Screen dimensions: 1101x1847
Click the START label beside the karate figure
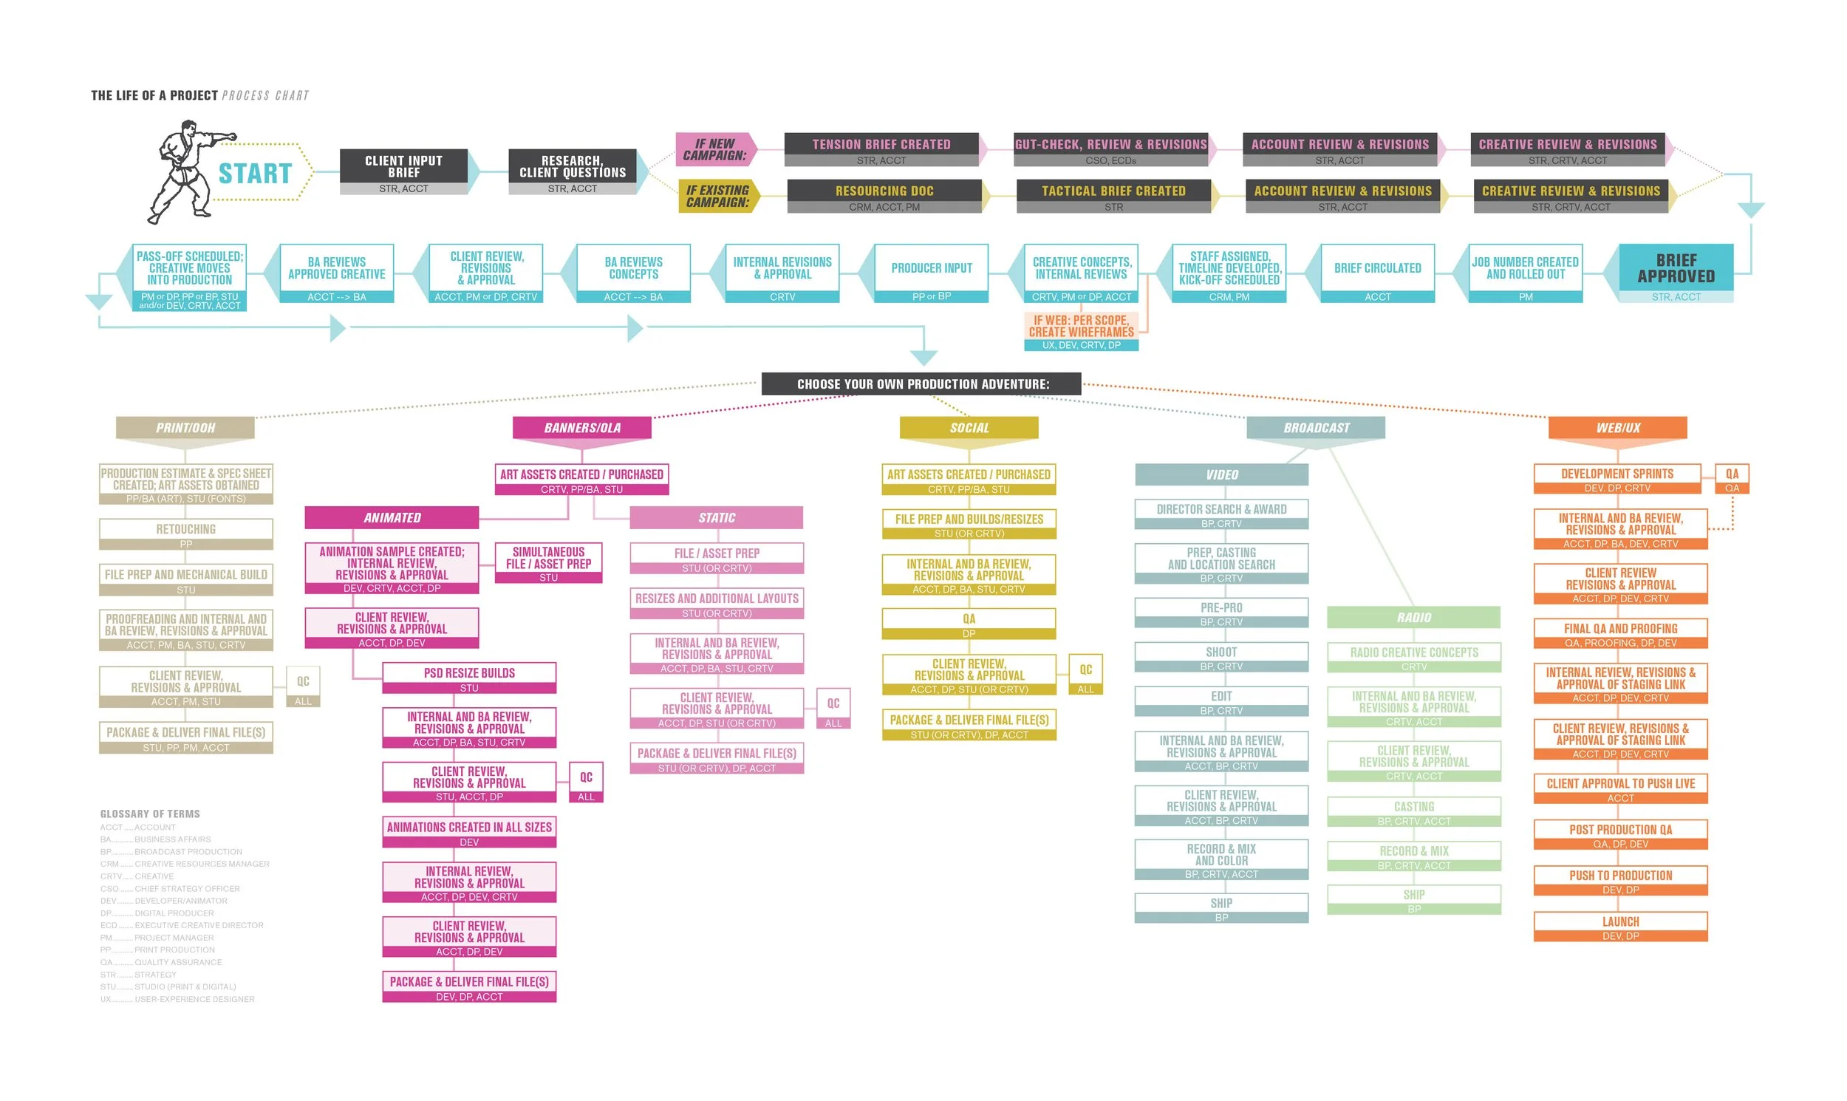coord(255,174)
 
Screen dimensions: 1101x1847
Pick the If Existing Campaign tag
coord(717,196)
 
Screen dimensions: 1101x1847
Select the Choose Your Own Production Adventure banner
coord(922,384)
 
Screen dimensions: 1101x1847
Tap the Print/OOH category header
coord(185,428)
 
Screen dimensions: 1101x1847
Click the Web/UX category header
coord(1618,428)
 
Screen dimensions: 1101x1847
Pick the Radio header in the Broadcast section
coord(1414,617)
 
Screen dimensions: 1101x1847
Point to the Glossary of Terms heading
coord(150,814)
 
